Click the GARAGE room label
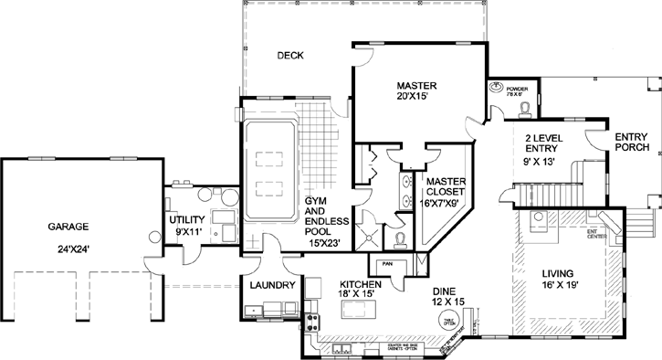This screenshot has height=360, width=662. pyautogui.click(x=68, y=228)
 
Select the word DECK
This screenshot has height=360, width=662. pyautogui.click(x=290, y=57)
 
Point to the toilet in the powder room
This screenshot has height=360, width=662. pyautogui.click(x=525, y=108)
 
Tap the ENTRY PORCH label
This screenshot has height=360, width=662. pyautogui.click(x=631, y=143)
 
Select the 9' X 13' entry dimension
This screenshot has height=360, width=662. pyautogui.click(x=546, y=161)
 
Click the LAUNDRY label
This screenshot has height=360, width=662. pyautogui.click(x=272, y=286)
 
